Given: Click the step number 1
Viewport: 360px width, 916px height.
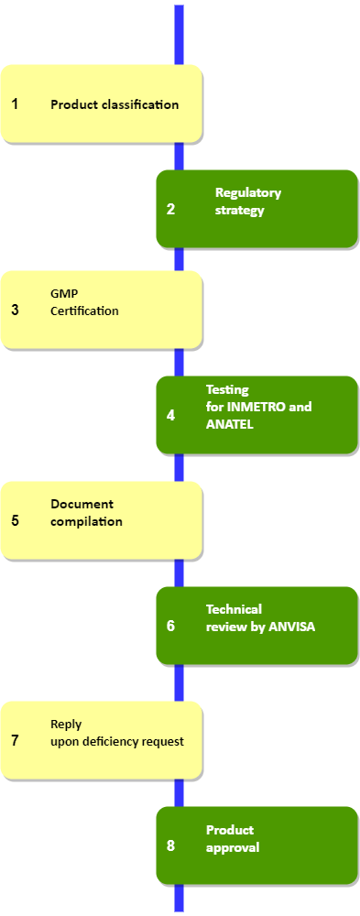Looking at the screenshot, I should tap(15, 104).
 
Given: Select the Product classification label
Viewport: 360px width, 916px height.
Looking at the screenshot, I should tap(115, 104).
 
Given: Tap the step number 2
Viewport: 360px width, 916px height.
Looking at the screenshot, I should tap(170, 209).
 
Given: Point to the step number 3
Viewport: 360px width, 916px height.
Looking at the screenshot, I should tap(15, 310).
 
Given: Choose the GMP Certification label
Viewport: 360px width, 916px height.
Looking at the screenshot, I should tap(84, 302).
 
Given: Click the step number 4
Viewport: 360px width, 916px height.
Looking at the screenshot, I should tap(170, 415).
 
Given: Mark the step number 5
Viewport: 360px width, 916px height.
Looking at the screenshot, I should tap(15, 520).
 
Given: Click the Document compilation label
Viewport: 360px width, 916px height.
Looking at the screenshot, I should tap(86, 513).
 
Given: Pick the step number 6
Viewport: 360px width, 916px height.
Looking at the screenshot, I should tap(170, 626).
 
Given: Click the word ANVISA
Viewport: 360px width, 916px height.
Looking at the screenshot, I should tap(291, 627).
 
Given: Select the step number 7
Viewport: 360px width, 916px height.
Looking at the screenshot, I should tap(15, 740).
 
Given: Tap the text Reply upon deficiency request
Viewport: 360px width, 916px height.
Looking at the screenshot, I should tap(116, 733).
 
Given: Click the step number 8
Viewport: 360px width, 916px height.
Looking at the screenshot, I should tap(170, 845).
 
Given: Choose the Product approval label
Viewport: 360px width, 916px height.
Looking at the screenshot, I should tap(232, 839).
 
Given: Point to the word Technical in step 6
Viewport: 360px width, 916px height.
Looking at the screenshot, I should tap(234, 609).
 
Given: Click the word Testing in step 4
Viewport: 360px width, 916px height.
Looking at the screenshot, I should tap(227, 389).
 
